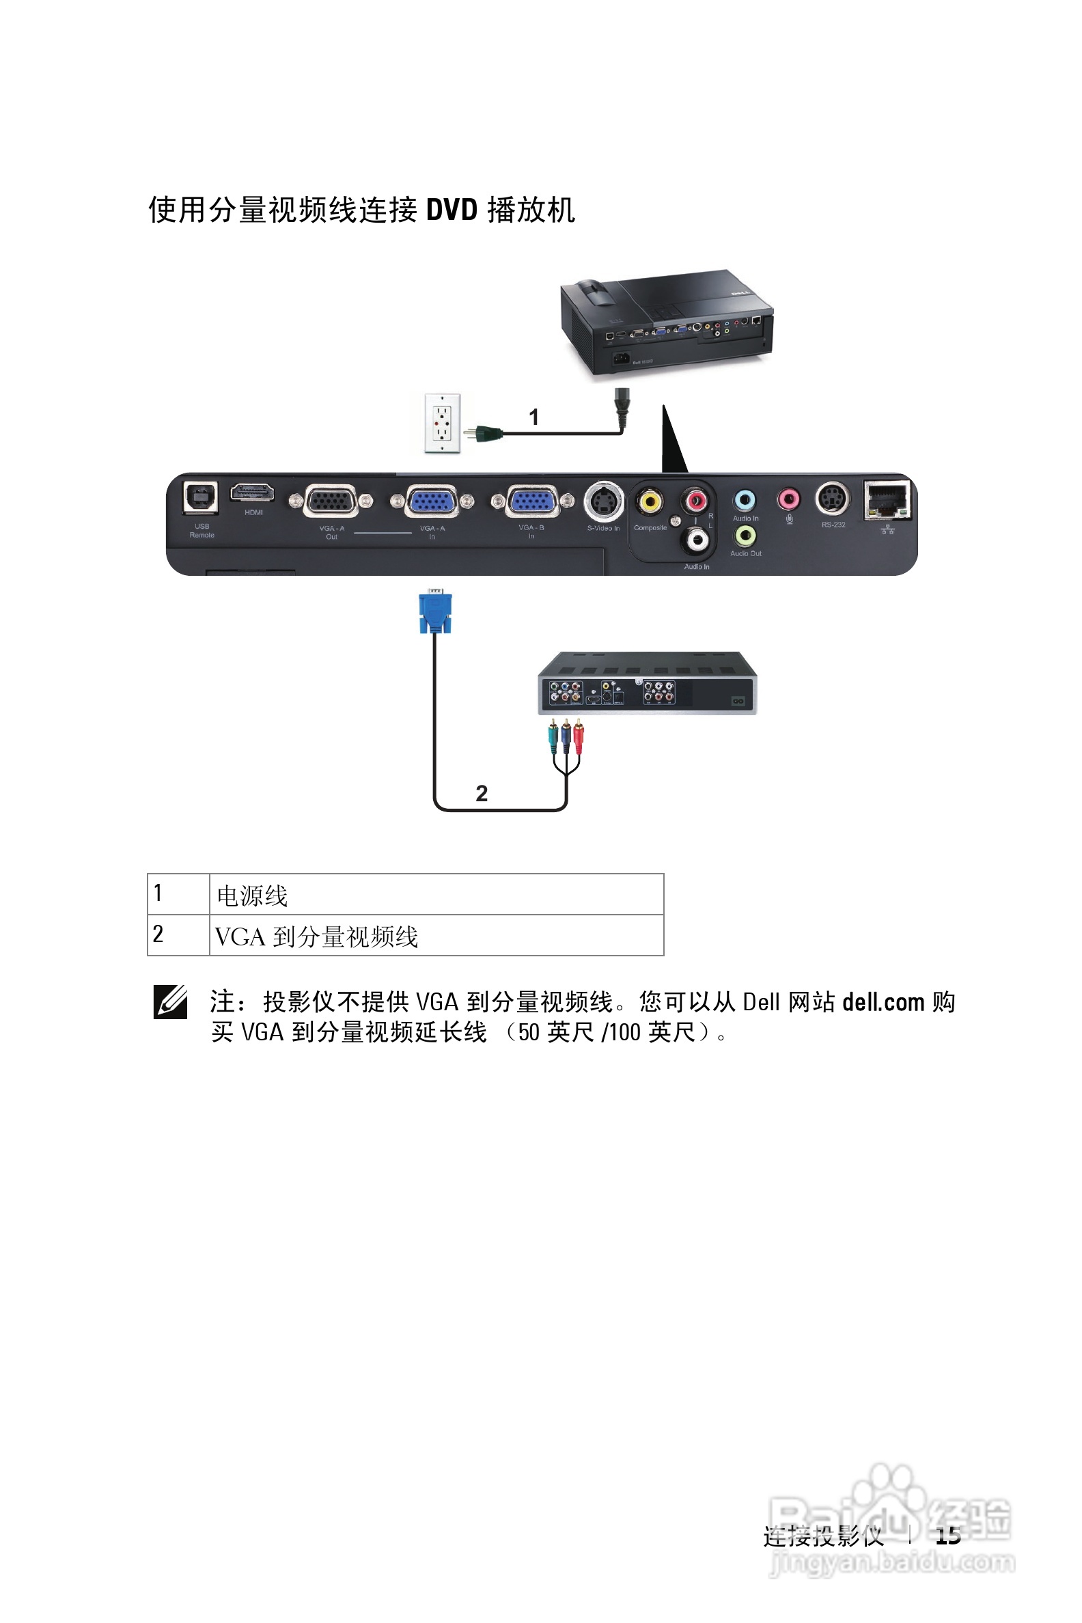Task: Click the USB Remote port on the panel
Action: pyautogui.click(x=200, y=497)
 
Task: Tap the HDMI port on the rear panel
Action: pyautogui.click(x=252, y=493)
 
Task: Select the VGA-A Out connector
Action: pyautogui.click(x=331, y=501)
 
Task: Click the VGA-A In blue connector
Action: pyautogui.click(x=432, y=501)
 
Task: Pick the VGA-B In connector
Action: pyautogui.click(x=532, y=501)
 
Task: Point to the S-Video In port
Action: pyautogui.click(x=604, y=501)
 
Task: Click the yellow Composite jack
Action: pyautogui.click(x=650, y=501)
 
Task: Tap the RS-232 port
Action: pyautogui.click(x=833, y=498)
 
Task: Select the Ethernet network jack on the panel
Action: pyautogui.click(x=887, y=499)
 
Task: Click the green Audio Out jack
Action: pyautogui.click(x=745, y=535)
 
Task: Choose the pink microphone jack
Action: pyautogui.click(x=789, y=498)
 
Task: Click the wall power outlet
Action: pyautogui.click(x=442, y=423)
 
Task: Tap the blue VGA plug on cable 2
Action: pyautogui.click(x=434, y=612)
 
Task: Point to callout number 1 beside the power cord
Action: pyautogui.click(x=533, y=417)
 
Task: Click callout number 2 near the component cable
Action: pyautogui.click(x=482, y=793)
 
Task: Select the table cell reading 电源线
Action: pyautogui.click(x=436, y=895)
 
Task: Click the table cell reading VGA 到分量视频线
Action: pyautogui.click(x=436, y=936)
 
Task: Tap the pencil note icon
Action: pyautogui.click(x=170, y=1003)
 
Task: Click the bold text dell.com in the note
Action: pyautogui.click(x=883, y=1002)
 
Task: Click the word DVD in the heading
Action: pyautogui.click(x=452, y=210)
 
